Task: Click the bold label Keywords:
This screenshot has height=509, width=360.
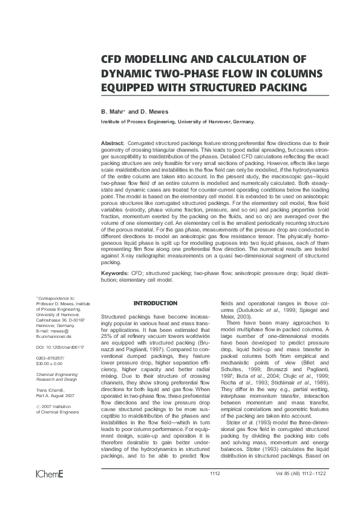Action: (116, 274)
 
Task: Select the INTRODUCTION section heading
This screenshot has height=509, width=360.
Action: (155, 303)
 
